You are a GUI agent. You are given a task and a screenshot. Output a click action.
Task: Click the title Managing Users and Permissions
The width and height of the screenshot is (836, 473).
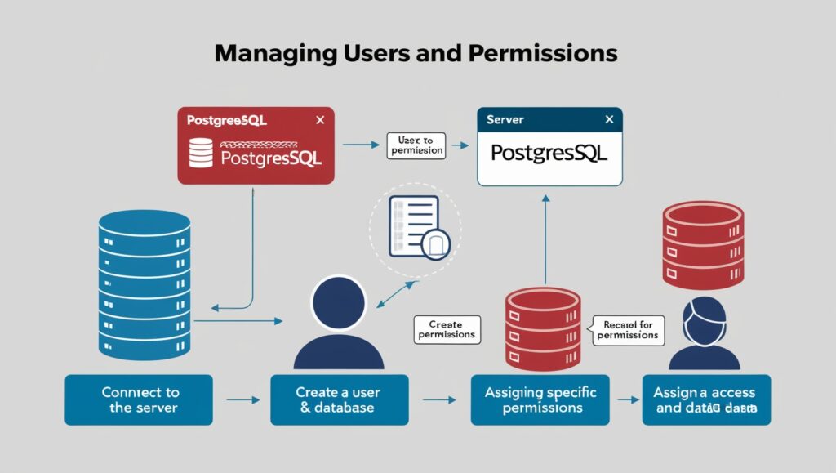[416, 55]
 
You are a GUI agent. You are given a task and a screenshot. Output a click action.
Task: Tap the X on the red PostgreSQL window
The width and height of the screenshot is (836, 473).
[320, 120]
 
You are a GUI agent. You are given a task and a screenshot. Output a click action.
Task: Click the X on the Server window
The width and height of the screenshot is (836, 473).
[608, 119]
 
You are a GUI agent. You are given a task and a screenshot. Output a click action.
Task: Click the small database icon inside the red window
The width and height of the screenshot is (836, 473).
[200, 153]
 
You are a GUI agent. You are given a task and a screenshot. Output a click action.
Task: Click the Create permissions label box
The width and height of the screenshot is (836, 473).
[446, 329]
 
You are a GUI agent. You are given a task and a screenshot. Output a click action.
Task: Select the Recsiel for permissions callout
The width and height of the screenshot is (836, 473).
[628, 329]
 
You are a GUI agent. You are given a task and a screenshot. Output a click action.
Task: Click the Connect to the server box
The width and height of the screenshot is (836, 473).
[139, 400]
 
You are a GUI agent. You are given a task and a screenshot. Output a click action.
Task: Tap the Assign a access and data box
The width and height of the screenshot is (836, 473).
[705, 400]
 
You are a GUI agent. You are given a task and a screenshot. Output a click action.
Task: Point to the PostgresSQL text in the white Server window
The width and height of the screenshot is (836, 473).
[549, 153]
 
